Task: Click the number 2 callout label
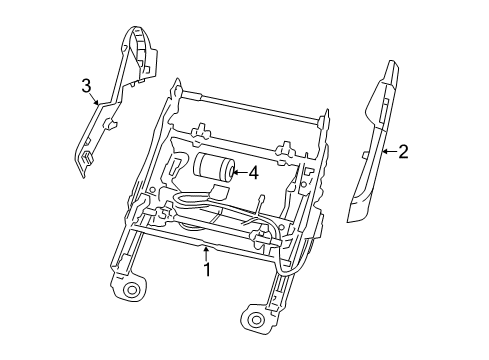pos(403,152)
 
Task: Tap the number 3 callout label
pos(86,87)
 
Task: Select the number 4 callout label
pos(253,172)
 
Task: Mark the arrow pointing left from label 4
pos(238,172)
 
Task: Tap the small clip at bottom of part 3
pos(88,155)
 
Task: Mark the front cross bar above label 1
pos(200,240)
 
